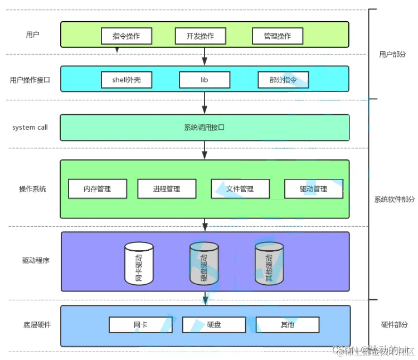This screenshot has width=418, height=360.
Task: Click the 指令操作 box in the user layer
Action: (126, 36)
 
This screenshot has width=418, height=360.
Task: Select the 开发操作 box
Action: (201, 36)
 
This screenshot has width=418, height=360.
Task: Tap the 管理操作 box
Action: (277, 36)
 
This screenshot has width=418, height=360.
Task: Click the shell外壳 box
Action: (127, 80)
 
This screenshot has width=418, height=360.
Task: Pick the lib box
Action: (204, 80)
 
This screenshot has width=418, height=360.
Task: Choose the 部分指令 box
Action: (283, 80)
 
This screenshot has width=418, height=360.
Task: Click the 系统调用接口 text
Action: (204, 128)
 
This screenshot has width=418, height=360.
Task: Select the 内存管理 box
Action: (98, 189)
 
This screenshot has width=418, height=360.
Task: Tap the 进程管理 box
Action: (167, 189)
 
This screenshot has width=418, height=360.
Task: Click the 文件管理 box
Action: (240, 189)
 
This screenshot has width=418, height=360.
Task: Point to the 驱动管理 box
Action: (313, 189)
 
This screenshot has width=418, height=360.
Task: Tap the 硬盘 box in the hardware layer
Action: (214, 324)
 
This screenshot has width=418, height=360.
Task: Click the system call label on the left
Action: (30, 128)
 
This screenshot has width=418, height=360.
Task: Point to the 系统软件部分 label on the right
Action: (395, 200)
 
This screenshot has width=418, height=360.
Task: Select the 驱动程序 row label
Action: (36, 260)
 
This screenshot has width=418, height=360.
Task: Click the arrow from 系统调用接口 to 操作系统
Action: (205, 150)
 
